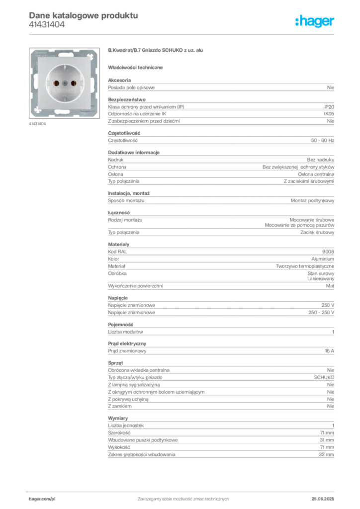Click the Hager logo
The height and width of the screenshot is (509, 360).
[x=314, y=21]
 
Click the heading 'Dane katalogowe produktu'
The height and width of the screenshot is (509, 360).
[x=84, y=15]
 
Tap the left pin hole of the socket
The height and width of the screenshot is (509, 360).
[x=56, y=84]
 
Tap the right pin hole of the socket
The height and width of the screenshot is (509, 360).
[x=74, y=84]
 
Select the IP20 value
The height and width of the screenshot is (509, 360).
[x=329, y=107]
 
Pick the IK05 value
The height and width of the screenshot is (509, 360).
[x=329, y=114]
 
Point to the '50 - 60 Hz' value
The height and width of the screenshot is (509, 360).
[x=322, y=141]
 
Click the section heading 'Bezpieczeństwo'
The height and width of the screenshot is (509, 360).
[x=127, y=99]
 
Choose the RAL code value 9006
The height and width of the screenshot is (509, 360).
[x=328, y=252]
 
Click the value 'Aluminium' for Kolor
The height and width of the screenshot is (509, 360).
[x=323, y=259]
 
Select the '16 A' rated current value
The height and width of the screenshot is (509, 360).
[x=329, y=351]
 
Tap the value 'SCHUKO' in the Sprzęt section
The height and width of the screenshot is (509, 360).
[x=324, y=378]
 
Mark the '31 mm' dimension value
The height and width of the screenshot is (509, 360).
[x=327, y=440]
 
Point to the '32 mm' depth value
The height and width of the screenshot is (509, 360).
[x=326, y=455]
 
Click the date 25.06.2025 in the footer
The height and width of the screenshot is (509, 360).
[x=323, y=499]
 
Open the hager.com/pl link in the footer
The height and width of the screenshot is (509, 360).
[x=42, y=499]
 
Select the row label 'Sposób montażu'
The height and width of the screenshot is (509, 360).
[x=126, y=201]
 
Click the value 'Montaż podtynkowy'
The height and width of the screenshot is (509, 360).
[x=312, y=201]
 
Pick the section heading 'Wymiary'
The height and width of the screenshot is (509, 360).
[x=118, y=419]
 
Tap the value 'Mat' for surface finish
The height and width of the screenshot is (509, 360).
[x=330, y=286]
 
